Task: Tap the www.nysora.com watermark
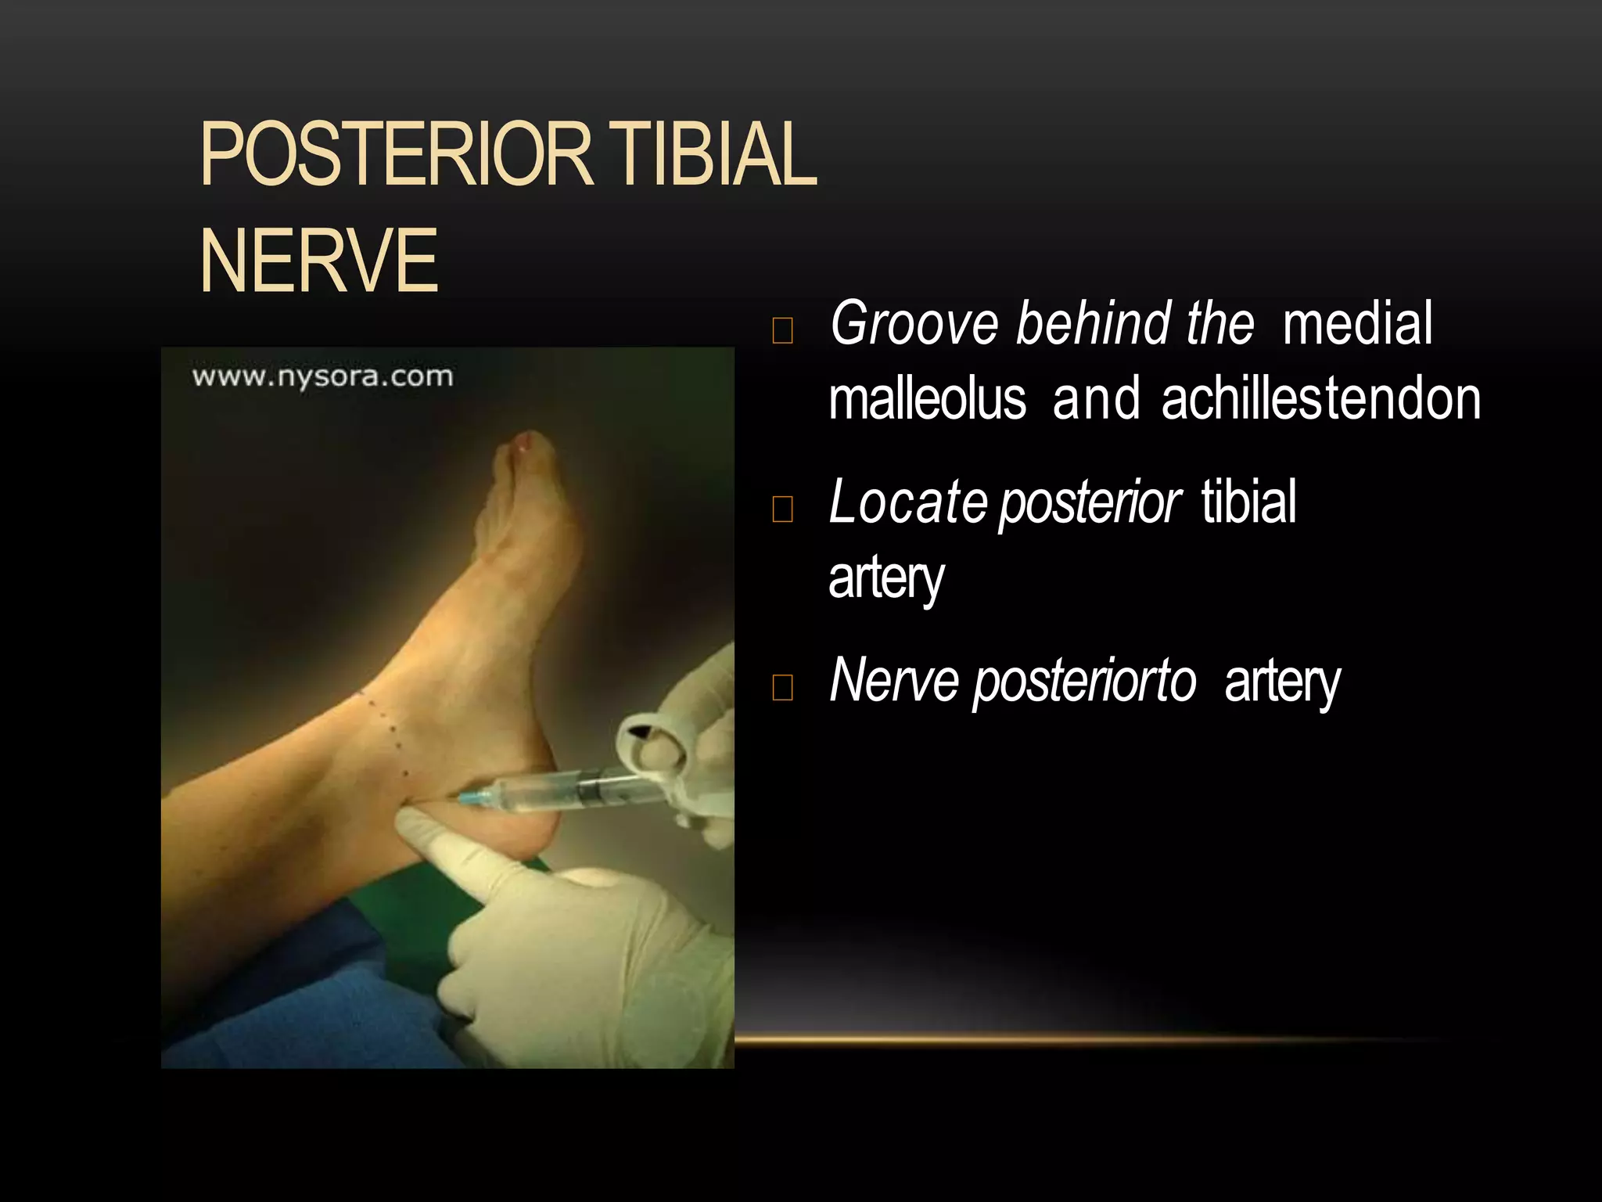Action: point(322,376)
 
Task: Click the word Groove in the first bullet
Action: point(914,323)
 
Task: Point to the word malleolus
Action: point(927,399)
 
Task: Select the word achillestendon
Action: point(1320,399)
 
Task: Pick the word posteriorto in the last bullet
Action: point(1084,680)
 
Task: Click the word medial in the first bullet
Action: point(1357,323)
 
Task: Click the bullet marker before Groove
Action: point(782,331)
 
